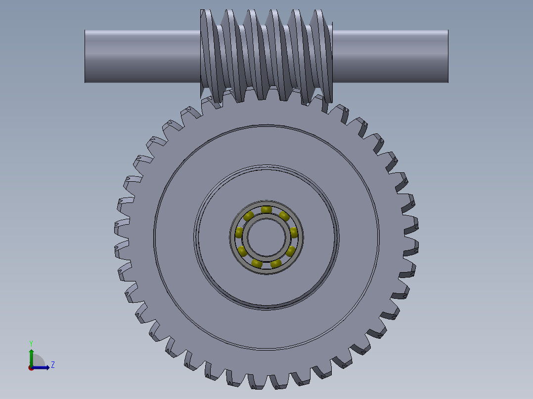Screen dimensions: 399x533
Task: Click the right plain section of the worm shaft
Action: point(391,56)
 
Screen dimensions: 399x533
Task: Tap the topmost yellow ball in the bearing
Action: point(266,210)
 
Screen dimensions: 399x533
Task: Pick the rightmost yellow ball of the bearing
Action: point(293,232)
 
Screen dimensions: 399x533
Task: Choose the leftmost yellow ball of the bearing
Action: point(239,233)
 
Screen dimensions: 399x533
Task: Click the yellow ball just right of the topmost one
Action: point(284,216)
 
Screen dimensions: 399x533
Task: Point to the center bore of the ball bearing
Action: point(266,238)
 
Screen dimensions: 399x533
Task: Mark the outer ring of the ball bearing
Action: point(266,203)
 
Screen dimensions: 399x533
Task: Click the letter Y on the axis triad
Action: point(31,343)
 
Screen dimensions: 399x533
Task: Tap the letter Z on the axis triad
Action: point(52,365)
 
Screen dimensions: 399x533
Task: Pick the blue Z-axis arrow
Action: point(42,367)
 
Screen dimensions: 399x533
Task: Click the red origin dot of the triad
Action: point(31,367)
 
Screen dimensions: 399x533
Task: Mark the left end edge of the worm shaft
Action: point(85,56)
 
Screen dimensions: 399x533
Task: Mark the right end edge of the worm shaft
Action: point(448,56)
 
